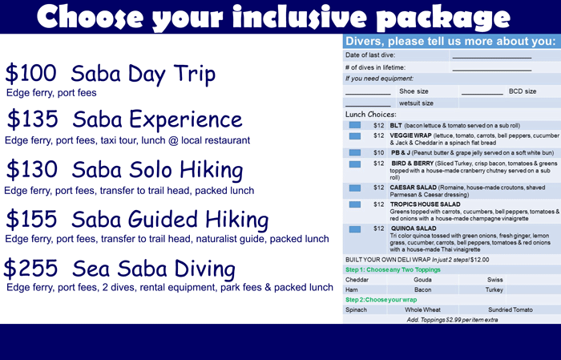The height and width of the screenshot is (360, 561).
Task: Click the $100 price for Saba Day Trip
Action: click(30, 73)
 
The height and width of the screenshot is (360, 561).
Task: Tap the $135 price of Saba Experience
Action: click(33, 119)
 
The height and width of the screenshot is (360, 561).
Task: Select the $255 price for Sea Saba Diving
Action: click(30, 269)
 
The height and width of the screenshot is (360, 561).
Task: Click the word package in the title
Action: click(444, 18)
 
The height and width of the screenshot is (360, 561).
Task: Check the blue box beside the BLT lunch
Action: click(354, 125)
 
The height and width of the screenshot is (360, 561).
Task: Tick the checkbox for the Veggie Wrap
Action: click(354, 136)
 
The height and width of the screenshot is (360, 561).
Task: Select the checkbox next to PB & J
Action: click(354, 152)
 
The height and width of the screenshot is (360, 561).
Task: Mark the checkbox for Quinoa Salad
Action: click(354, 229)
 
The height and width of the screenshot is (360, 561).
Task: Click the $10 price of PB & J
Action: click(378, 153)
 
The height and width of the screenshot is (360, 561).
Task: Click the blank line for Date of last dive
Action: click(491, 58)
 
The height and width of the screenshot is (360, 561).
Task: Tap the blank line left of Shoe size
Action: click(368, 94)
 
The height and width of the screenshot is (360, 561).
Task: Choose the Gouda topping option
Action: click(422, 280)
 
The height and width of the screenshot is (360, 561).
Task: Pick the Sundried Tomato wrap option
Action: click(511, 310)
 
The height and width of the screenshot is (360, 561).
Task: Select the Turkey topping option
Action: click(494, 290)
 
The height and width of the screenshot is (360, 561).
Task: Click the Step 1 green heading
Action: click(393, 270)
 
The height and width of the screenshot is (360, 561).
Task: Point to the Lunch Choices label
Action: click(370, 115)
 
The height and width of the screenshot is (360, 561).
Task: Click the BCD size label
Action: click(523, 91)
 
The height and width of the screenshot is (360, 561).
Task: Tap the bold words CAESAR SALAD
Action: click(414, 188)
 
